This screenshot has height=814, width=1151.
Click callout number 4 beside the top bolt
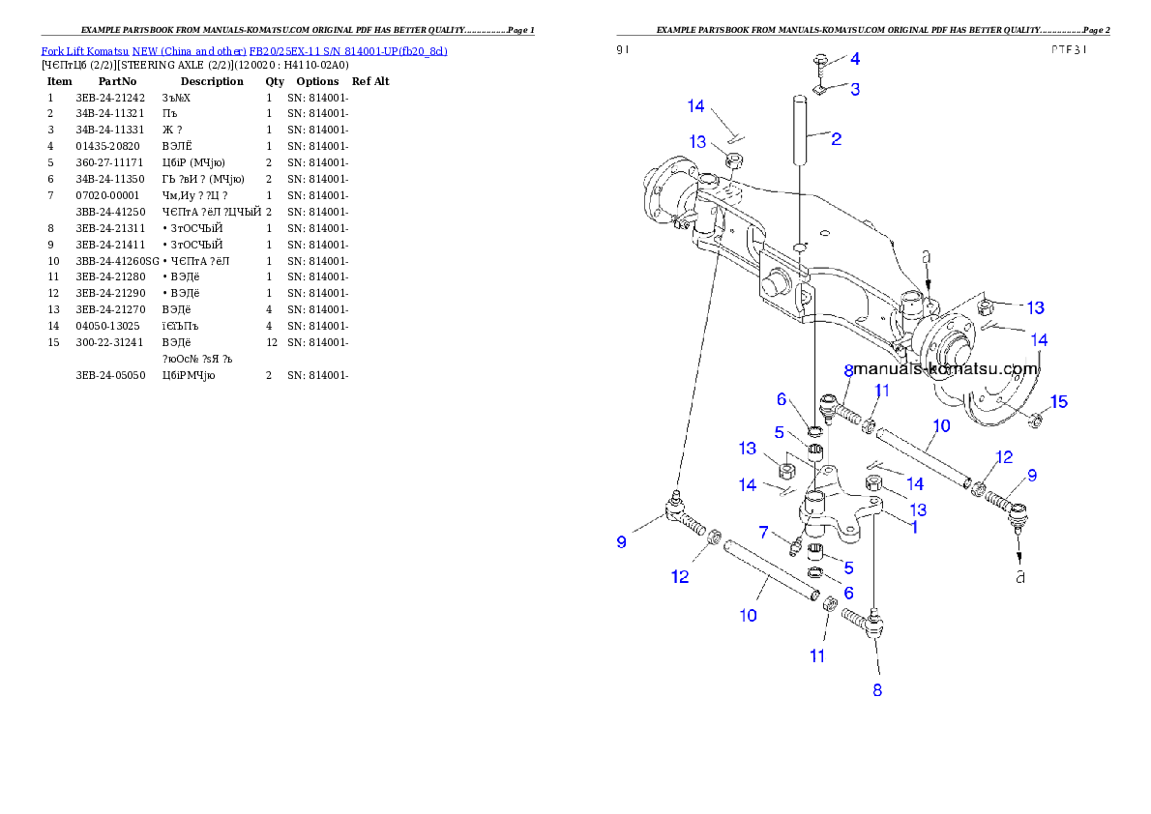click(854, 59)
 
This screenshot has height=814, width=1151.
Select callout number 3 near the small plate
click(854, 89)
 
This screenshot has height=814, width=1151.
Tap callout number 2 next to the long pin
click(836, 139)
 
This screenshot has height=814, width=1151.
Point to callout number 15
click(1059, 402)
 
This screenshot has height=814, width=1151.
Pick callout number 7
click(763, 533)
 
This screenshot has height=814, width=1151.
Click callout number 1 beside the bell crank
click(914, 528)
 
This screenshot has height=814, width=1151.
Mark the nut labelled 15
click(1033, 419)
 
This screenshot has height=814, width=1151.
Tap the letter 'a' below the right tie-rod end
click(1019, 577)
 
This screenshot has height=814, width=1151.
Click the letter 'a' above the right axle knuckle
click(927, 258)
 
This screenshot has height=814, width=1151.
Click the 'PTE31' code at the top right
click(1070, 50)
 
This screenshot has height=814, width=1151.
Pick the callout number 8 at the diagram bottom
click(877, 690)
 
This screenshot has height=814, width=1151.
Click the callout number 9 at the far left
click(622, 542)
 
